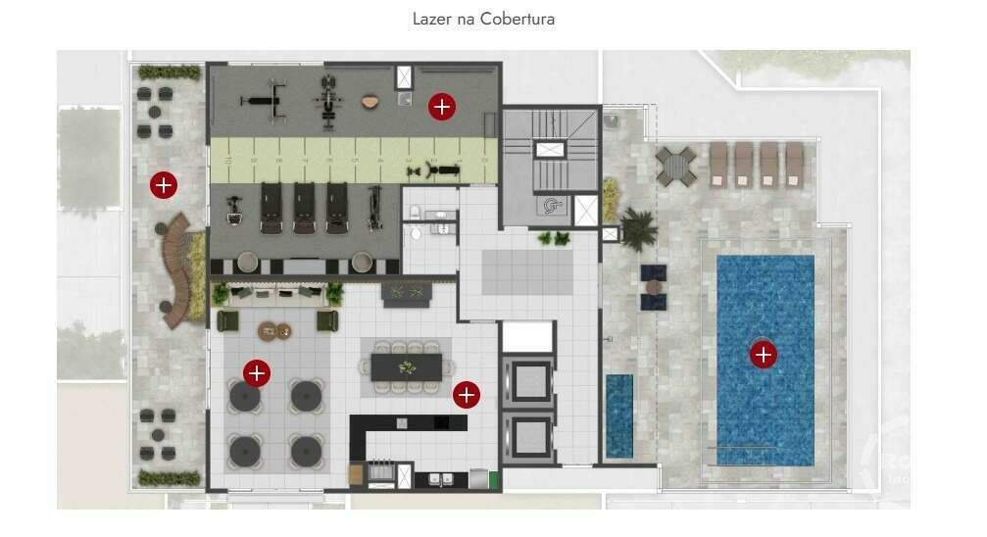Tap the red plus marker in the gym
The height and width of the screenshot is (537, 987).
pos(442,107)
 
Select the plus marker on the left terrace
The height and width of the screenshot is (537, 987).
pos(163,183)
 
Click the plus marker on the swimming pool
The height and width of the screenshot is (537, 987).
pos(764,354)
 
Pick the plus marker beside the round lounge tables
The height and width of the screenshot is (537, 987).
pos(257,372)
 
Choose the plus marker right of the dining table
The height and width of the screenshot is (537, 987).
pos(467,395)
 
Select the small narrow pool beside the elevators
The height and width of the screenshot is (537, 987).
pos(618,415)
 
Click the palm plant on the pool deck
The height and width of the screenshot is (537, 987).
pos(639,229)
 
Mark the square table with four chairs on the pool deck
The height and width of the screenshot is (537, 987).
pos(676,166)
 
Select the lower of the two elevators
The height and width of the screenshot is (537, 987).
pos(528,435)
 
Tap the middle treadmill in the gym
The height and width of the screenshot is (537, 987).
pos(305,208)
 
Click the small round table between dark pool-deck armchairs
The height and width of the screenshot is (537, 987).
pos(653,287)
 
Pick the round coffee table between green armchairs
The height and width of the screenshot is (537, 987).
pos(274,330)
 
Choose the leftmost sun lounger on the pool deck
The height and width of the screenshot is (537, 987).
pos(718,164)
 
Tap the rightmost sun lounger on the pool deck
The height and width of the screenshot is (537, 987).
pos(793,164)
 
